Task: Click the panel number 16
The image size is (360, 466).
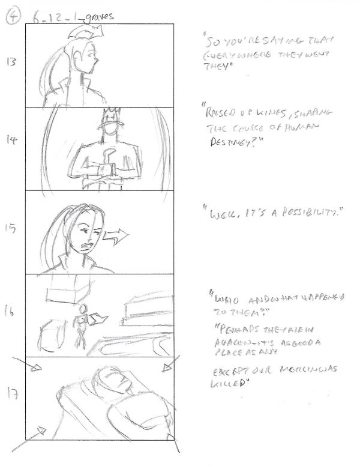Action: coord(12,312)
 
